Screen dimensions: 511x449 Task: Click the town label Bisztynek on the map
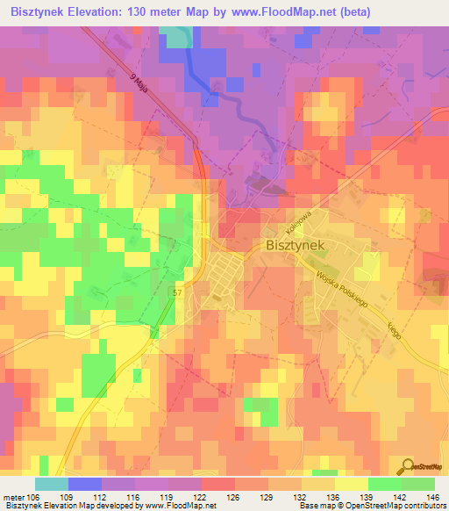tap(295, 248)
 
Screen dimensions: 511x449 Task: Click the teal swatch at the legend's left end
tap(51, 485)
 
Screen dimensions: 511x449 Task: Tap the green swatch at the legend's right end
tap(418, 485)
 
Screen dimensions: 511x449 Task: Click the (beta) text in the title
tap(351, 12)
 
